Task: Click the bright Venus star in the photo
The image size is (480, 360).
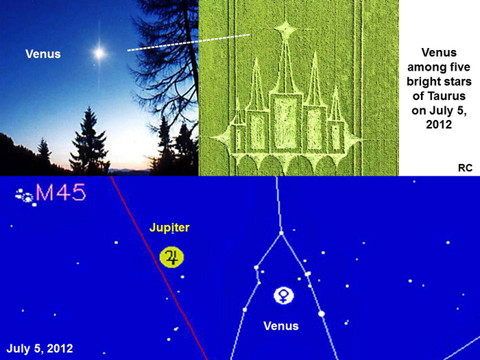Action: click(x=99, y=53)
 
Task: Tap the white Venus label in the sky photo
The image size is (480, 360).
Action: click(x=43, y=54)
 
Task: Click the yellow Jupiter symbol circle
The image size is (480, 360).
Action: click(x=171, y=257)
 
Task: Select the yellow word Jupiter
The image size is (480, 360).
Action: click(x=169, y=228)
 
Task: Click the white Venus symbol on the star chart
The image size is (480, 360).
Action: click(x=284, y=296)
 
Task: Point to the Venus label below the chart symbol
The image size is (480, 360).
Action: click(x=281, y=326)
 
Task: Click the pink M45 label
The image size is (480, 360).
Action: click(x=61, y=193)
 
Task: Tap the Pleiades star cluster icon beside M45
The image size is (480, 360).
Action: click(x=26, y=197)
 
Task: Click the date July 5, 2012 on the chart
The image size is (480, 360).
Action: click(x=40, y=348)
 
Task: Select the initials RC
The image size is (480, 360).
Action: click(x=465, y=168)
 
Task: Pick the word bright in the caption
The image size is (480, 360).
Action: click(x=423, y=82)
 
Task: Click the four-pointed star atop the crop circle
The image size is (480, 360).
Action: click(x=286, y=30)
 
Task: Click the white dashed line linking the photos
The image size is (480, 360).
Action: click(x=189, y=43)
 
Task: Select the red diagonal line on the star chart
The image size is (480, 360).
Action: click(x=159, y=268)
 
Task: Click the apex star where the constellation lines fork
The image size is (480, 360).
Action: click(x=281, y=233)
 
